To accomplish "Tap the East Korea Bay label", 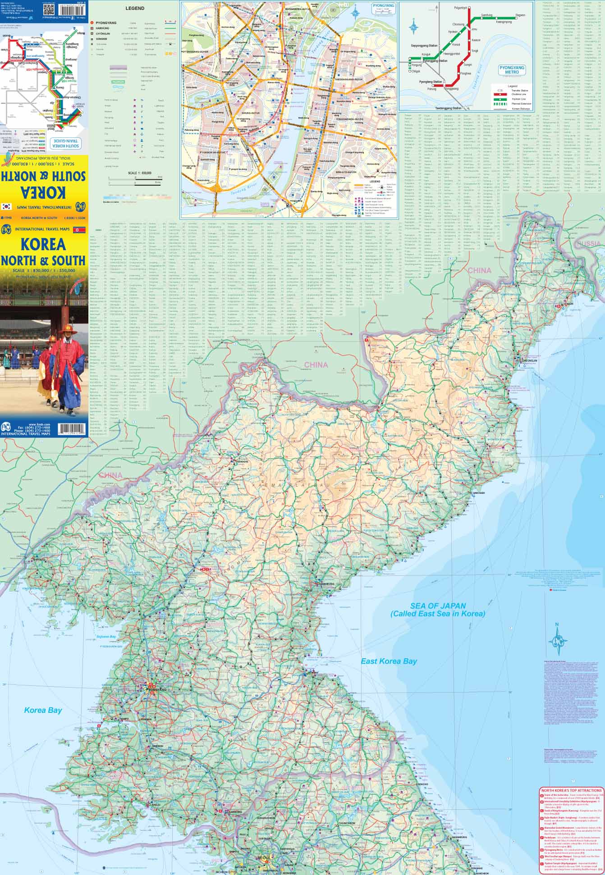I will tap(389, 661).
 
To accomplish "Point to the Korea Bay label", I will tap(42, 710).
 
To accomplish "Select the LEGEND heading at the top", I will tap(135, 8).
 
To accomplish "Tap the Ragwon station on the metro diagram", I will tap(520, 15).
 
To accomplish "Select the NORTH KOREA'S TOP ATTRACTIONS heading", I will tap(572, 790).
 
